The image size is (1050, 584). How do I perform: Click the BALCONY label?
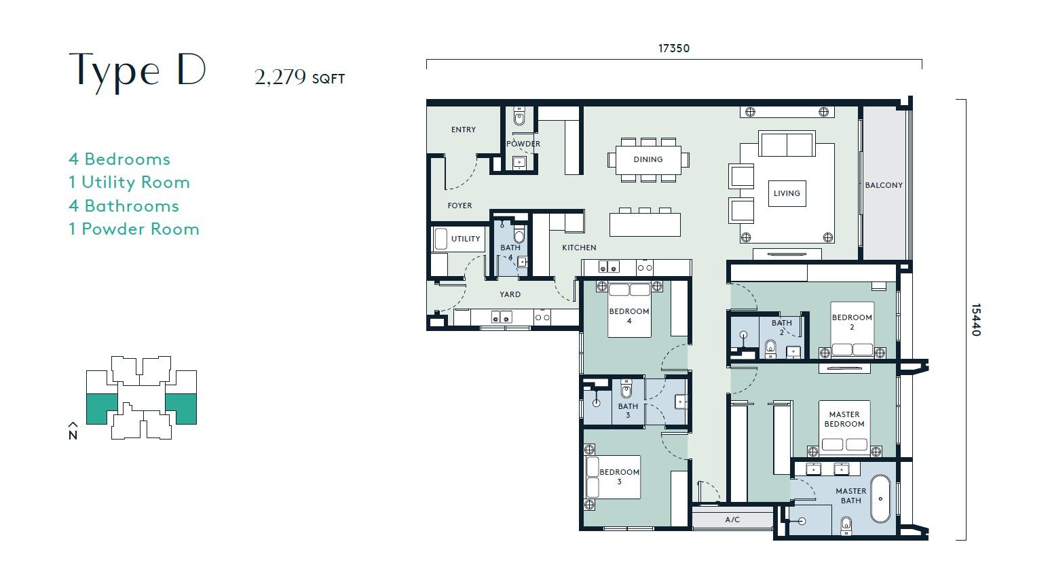(x=884, y=185)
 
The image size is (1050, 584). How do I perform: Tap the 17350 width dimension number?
(x=673, y=48)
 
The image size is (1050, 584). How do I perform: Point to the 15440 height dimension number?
(x=976, y=320)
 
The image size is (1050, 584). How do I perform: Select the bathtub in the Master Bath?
(x=880, y=499)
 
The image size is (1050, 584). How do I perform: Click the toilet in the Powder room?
(x=519, y=117)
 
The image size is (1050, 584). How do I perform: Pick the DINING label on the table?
(x=648, y=159)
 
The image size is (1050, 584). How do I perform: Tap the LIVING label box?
(x=787, y=193)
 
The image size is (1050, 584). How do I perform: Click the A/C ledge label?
(x=732, y=520)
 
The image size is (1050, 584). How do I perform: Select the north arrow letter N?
(x=73, y=435)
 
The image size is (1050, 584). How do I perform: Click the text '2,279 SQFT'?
(x=299, y=77)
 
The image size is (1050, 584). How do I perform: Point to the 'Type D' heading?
(x=137, y=71)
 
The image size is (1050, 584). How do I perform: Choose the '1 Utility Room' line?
(x=130, y=182)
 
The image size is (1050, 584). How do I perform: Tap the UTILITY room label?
(x=466, y=239)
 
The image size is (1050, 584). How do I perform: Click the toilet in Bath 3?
(x=626, y=389)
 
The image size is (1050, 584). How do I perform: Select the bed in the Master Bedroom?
(x=844, y=427)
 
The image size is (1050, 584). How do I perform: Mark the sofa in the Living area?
(x=787, y=144)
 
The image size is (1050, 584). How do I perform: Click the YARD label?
(x=510, y=294)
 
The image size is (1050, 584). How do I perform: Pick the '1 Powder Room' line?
(x=134, y=229)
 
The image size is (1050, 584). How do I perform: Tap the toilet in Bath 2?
(x=770, y=349)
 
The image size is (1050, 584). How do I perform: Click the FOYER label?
(x=460, y=206)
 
